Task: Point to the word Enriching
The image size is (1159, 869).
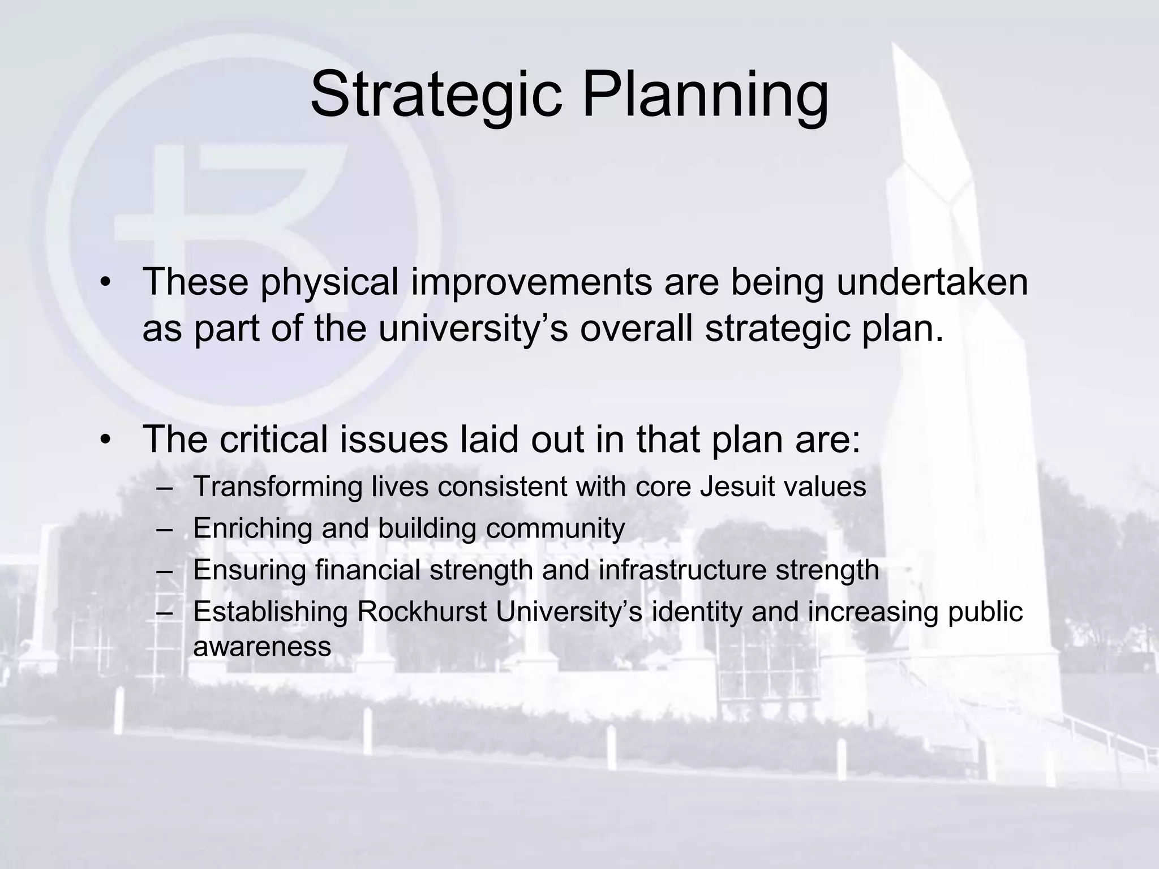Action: (252, 528)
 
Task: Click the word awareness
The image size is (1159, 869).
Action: (262, 647)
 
